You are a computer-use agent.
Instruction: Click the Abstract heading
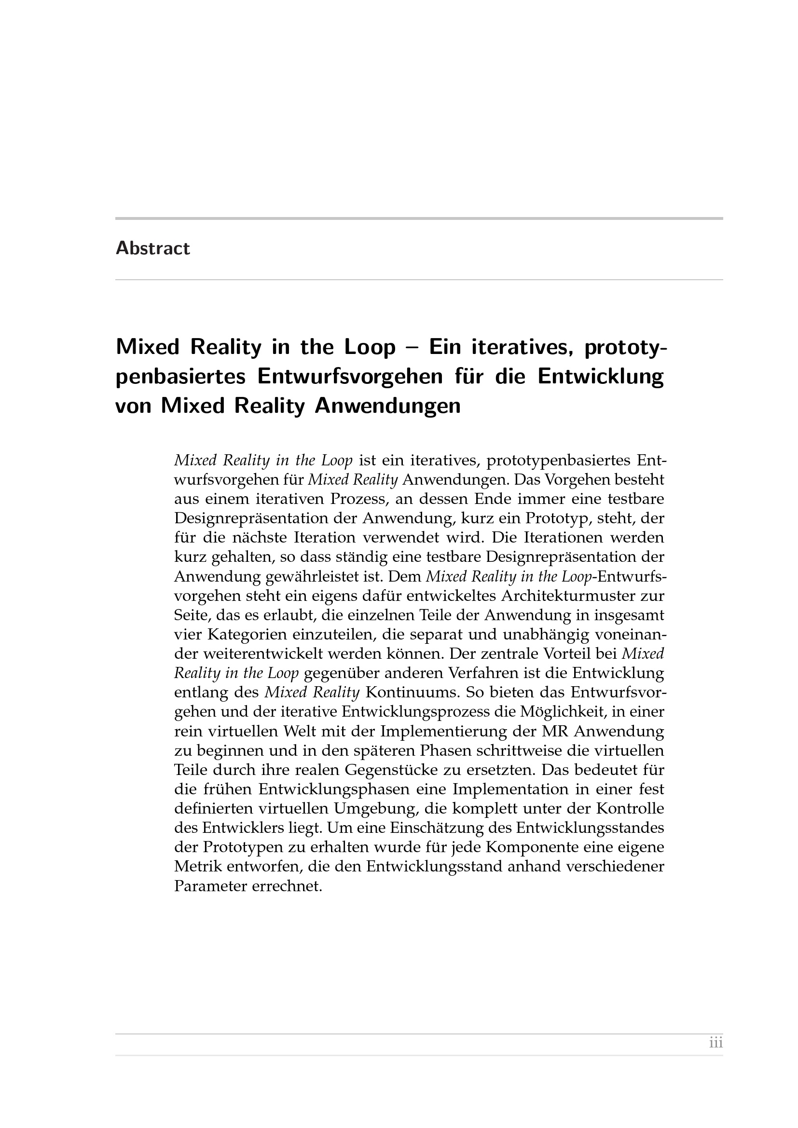click(x=152, y=248)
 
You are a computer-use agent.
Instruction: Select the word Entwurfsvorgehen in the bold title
click(x=349, y=377)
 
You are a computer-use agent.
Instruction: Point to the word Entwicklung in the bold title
click(x=601, y=377)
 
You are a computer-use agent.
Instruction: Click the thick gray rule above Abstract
click(x=419, y=218)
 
